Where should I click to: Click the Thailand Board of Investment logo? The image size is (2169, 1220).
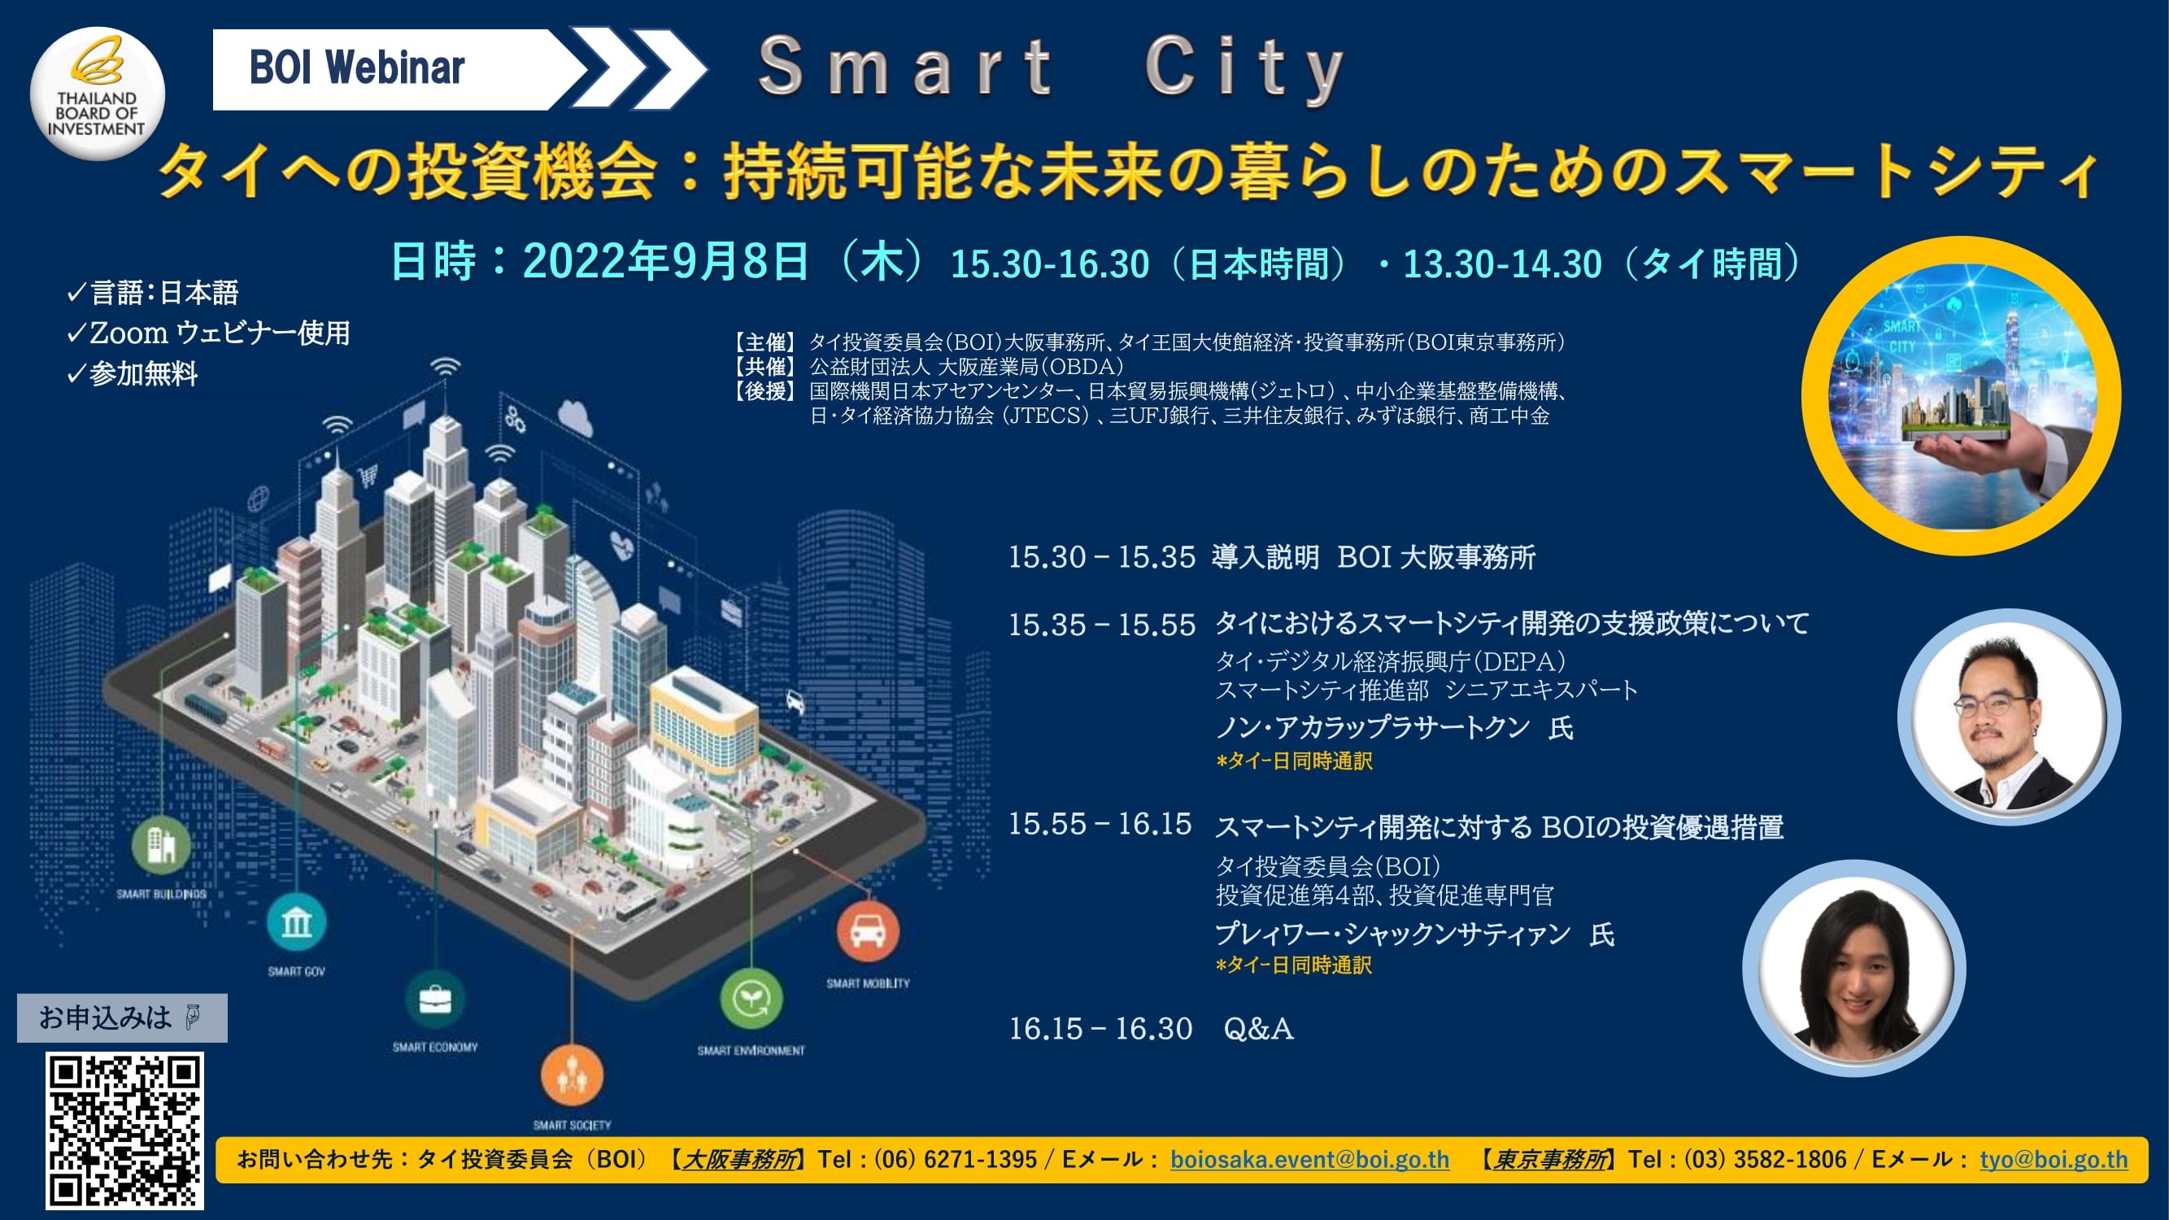coord(97,93)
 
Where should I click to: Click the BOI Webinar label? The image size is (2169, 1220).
coord(357,68)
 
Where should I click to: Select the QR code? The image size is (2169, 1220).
coord(124,1131)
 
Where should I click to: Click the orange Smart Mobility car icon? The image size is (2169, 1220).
coord(868,931)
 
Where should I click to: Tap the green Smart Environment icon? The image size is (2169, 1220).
coord(751,999)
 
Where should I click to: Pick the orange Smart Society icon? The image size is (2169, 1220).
coord(572,1075)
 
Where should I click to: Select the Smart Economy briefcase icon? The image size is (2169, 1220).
coord(435,1000)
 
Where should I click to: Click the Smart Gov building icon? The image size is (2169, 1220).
coord(296,923)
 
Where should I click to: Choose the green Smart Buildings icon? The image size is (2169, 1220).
coord(161,845)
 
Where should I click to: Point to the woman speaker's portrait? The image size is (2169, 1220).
coord(1854,967)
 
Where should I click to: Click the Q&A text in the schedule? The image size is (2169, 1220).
coord(1258,1028)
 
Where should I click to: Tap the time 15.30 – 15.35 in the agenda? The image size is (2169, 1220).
coord(1101,556)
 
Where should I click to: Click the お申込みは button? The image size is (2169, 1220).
coord(122,1018)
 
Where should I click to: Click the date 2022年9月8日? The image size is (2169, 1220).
coord(666,261)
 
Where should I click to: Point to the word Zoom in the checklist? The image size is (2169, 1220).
coord(128,333)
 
